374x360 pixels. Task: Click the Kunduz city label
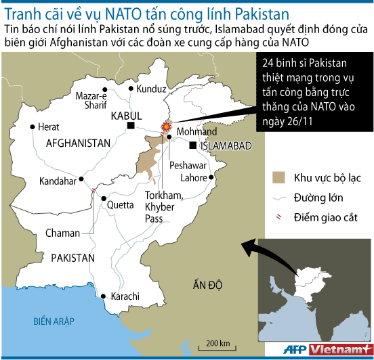151,89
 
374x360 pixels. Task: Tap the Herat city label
49,127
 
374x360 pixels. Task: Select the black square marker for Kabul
136,127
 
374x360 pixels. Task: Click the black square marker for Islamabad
193,145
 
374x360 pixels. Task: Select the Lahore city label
194,179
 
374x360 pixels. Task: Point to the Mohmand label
196,131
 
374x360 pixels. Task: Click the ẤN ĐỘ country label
207,285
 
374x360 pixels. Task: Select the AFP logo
292,349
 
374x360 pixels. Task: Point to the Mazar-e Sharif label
92,100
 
